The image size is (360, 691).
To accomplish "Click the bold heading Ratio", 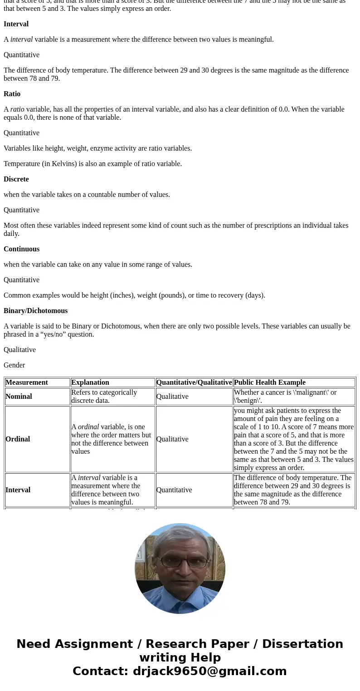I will click(x=12, y=94).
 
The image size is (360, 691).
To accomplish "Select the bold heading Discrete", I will click(x=16, y=179).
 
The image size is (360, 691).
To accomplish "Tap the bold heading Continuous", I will click(x=21, y=249).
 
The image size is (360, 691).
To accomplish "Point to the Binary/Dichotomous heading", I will click(x=35, y=311).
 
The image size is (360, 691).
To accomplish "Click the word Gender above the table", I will click(x=14, y=365).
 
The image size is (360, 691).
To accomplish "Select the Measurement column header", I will click(x=27, y=382).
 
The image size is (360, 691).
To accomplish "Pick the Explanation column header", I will click(x=90, y=382).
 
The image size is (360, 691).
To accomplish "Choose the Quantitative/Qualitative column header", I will click(x=194, y=382).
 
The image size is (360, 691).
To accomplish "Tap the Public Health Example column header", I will click(x=270, y=382).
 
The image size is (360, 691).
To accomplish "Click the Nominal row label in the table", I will click(x=19, y=397).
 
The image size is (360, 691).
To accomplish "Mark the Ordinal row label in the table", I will click(x=18, y=439).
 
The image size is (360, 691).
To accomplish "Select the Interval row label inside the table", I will click(x=18, y=490).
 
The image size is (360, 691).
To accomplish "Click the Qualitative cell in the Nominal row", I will click(x=172, y=397).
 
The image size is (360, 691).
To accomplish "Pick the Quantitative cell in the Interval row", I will click(x=174, y=490).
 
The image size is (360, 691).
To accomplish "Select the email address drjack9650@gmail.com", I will click(x=209, y=671).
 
